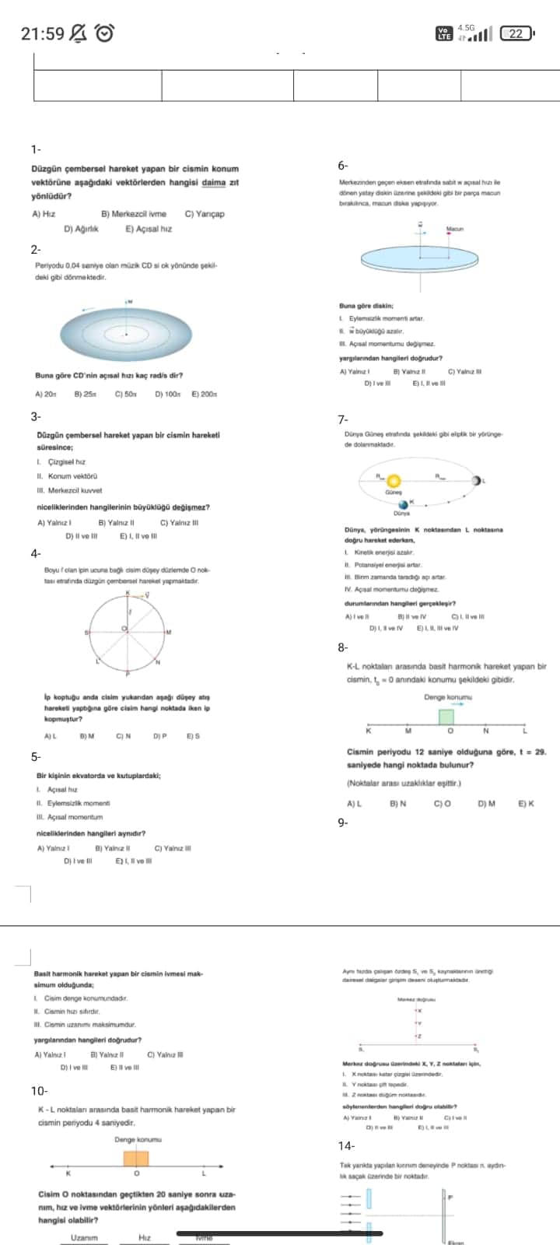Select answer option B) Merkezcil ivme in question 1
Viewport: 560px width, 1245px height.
pos(133,214)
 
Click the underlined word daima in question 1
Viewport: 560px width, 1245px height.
pos(213,183)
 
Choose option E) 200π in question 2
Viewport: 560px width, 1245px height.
pos(204,395)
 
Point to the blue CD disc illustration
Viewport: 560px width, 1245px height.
pos(126,334)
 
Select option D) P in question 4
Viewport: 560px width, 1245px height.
pos(159,735)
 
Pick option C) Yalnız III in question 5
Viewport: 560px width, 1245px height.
pos(173,848)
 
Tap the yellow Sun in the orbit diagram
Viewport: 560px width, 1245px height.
pos(394,481)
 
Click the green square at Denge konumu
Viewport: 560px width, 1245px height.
pos(446,717)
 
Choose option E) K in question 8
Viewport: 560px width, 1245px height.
pos(526,804)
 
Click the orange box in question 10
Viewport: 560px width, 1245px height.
pos(136,1159)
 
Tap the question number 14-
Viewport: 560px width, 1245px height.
pos(346,1145)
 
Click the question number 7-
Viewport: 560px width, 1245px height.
pos(343,420)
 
